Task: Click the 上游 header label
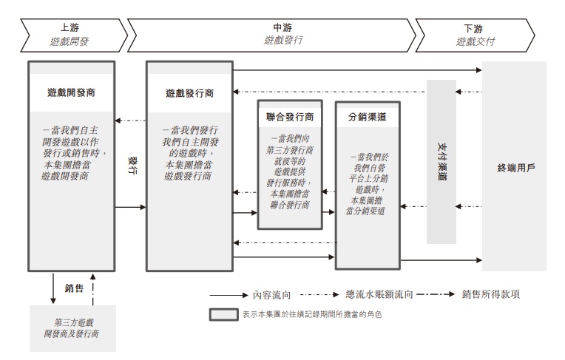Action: pyautogui.click(x=70, y=27)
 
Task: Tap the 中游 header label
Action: pyautogui.click(x=272, y=27)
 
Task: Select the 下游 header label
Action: pyautogui.click(x=474, y=27)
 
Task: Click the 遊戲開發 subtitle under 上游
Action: pyautogui.click(x=70, y=41)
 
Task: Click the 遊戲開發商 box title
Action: pyautogui.click(x=70, y=93)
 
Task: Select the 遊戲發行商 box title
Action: pyautogui.click(x=190, y=94)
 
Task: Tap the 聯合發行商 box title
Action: pyautogui.click(x=290, y=117)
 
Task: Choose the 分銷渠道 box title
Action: pyautogui.click(x=367, y=117)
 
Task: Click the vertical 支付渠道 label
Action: pyautogui.click(x=441, y=162)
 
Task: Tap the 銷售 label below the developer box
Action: pyautogui.click(x=74, y=288)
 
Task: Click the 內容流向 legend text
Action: pyautogui.click(x=272, y=294)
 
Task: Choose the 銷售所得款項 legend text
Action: pyautogui.click(x=490, y=294)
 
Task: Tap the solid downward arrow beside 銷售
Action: pyautogui.click(x=53, y=288)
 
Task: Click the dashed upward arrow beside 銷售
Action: pyautogui.click(x=93, y=288)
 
